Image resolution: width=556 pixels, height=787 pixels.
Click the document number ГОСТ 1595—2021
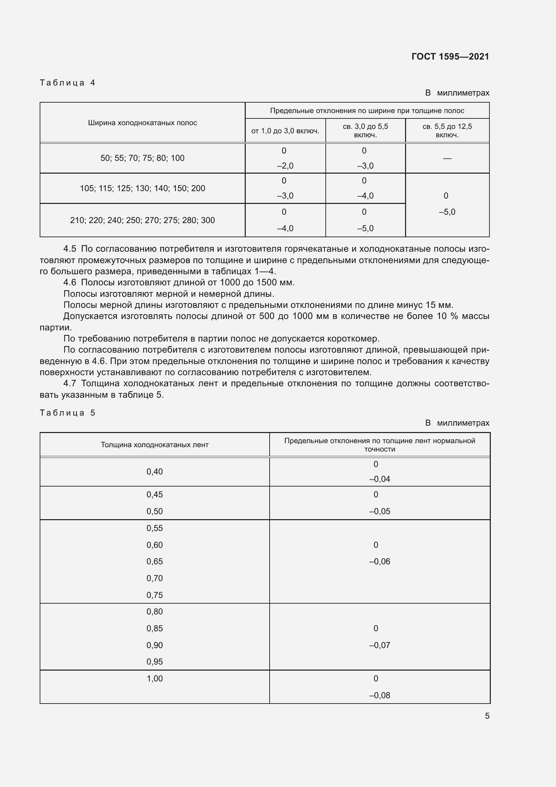click(x=450, y=57)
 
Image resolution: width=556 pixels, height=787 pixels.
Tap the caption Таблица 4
click(x=68, y=83)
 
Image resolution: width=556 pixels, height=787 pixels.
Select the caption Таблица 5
click(x=68, y=413)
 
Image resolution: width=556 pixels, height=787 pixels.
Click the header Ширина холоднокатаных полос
click(x=143, y=123)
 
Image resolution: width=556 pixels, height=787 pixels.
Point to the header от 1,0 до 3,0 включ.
click(x=285, y=131)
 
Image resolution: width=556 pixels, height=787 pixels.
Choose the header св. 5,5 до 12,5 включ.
click(x=447, y=131)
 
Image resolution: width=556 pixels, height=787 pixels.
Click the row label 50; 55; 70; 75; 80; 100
click(x=143, y=158)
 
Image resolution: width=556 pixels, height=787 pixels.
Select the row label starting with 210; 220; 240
click(x=143, y=220)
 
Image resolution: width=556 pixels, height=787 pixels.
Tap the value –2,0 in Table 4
click(x=285, y=166)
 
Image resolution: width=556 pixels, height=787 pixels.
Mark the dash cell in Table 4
click(x=447, y=158)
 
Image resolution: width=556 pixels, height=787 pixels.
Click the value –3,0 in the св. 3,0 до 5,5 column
click(x=365, y=166)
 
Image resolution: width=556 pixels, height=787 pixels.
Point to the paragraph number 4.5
click(x=70, y=249)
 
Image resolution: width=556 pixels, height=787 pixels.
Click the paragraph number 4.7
click(x=70, y=383)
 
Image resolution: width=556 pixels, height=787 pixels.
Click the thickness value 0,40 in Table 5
click(x=155, y=472)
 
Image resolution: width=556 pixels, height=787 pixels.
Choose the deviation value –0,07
click(x=380, y=645)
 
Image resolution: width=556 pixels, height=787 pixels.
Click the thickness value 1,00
click(x=155, y=678)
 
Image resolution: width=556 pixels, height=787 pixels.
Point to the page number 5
click(x=487, y=716)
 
